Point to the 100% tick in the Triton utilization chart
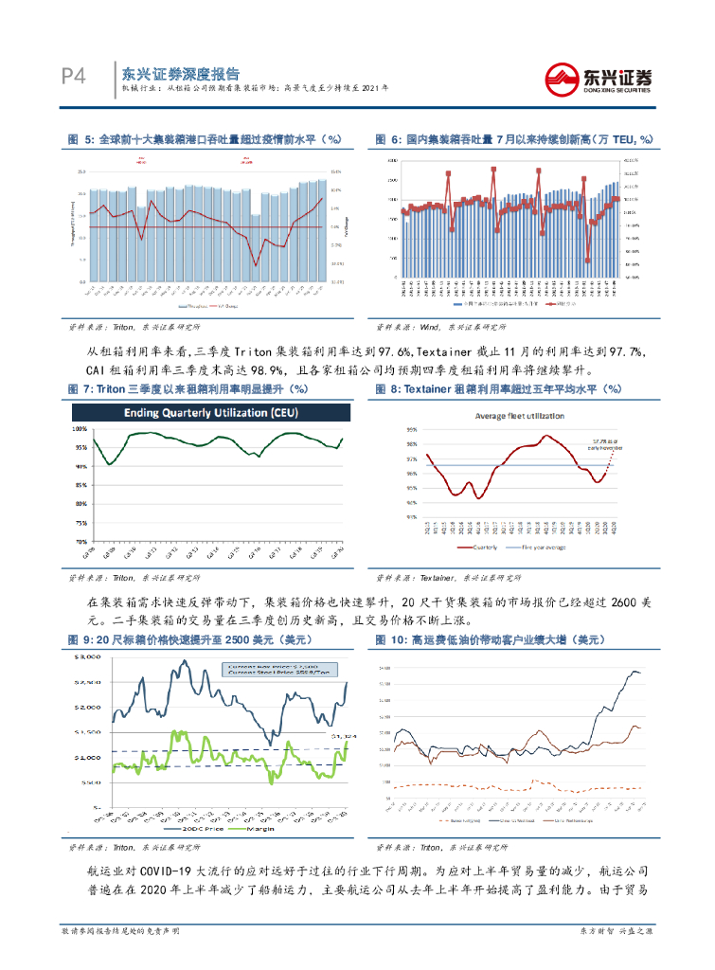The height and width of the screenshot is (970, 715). [x=80, y=428]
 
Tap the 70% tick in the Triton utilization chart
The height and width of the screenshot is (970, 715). [x=81, y=541]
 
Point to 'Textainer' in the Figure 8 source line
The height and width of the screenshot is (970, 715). [x=438, y=577]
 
